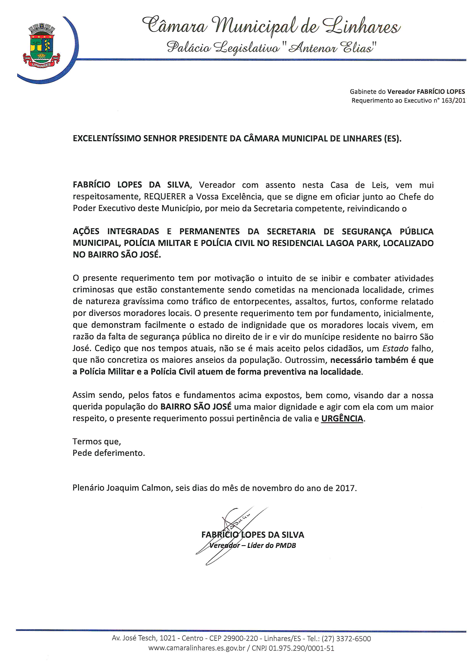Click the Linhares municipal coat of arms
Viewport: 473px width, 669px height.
(41, 46)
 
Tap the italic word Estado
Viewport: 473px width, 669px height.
(395, 349)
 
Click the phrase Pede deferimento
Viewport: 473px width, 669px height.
(109, 453)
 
